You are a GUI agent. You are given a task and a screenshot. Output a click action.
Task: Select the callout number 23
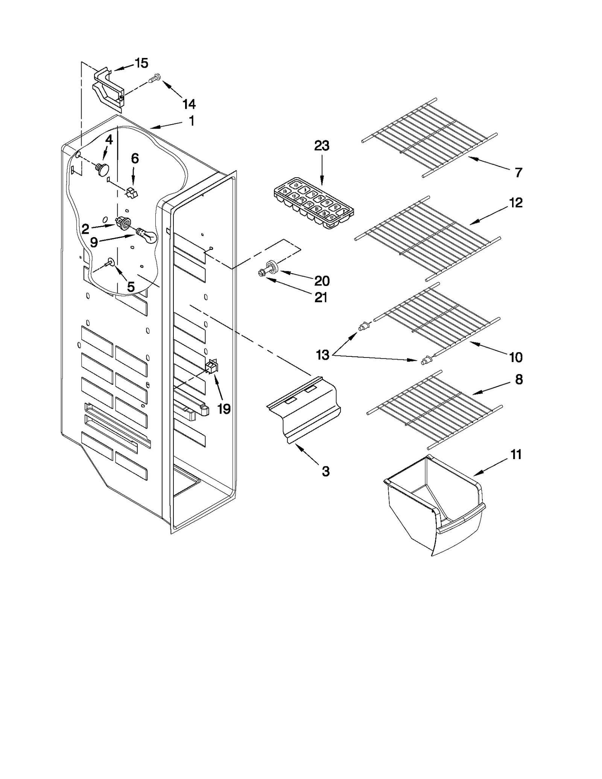click(x=322, y=146)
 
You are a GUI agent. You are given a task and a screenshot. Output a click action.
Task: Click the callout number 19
click(x=223, y=408)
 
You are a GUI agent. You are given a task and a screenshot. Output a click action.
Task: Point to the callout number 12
click(x=516, y=203)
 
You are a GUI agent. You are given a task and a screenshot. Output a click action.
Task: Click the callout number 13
click(x=322, y=355)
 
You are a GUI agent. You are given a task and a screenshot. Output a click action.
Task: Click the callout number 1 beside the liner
click(x=192, y=121)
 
